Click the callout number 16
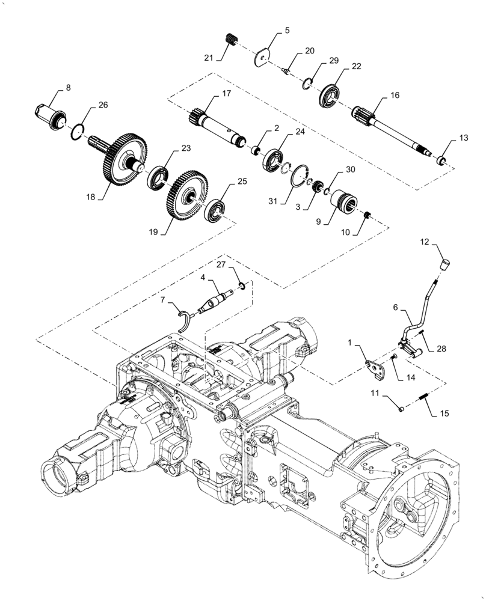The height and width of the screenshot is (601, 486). (x=395, y=96)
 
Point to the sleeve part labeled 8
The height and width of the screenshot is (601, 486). (x=53, y=114)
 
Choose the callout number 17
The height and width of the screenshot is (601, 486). (x=226, y=94)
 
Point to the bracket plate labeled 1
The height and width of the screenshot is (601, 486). (x=375, y=370)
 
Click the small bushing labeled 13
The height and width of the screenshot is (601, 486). (x=440, y=159)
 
